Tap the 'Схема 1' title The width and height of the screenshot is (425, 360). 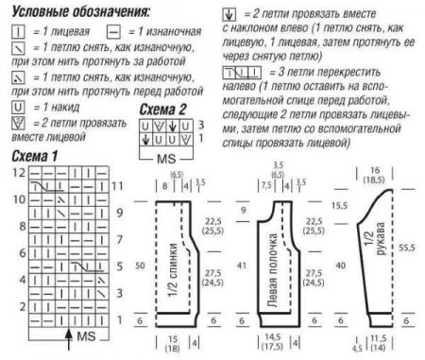(x=37, y=154)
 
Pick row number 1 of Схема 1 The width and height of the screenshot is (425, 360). (x=119, y=320)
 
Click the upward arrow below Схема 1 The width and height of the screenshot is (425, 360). (x=69, y=334)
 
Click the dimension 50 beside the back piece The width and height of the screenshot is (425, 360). (x=140, y=266)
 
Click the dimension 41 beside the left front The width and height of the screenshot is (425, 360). (x=242, y=266)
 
